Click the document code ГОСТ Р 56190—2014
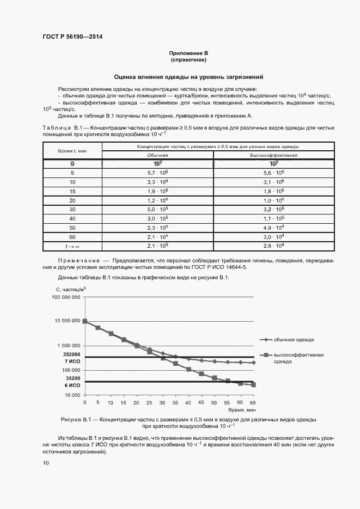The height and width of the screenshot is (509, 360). [72, 37]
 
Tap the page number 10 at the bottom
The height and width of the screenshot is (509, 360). [46, 463]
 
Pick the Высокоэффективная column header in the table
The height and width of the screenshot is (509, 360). [273, 155]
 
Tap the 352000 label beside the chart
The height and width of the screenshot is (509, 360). [72, 354]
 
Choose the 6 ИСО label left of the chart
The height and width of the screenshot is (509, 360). [73, 385]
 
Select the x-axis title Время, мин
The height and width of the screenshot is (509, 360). [242, 409]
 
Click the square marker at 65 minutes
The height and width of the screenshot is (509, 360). [253, 385]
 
